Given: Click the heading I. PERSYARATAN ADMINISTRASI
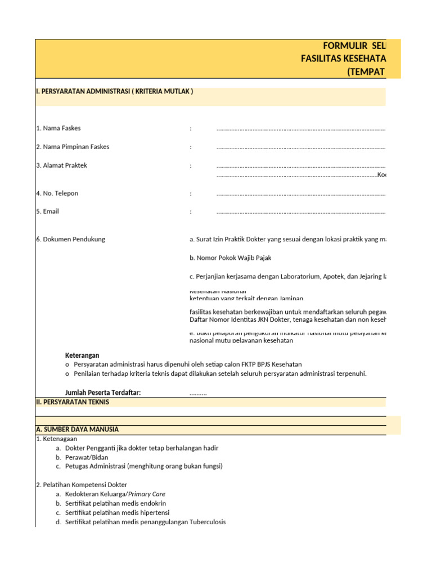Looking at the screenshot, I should coord(114,91).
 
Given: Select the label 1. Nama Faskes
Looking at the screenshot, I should coord(58,128).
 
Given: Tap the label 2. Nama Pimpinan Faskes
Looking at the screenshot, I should coord(73,147).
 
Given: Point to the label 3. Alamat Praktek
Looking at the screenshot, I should coord(61,165).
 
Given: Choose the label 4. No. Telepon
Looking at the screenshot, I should coord(57,193).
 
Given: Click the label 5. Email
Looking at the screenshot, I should coord(47,211).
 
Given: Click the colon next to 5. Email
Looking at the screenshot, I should coord(191,212).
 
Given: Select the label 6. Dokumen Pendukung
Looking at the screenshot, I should coord(70,239).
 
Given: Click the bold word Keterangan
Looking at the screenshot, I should coord(82,355).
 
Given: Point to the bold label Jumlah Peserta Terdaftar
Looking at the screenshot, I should coord(103,393).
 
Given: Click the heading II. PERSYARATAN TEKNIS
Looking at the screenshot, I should coord(72,402).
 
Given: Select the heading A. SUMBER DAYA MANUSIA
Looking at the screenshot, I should coord(77,429).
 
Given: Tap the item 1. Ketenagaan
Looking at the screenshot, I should coord(56,439).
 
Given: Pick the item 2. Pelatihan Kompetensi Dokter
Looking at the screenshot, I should coord(82,485).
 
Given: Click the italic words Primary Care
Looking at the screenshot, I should coord(147,494).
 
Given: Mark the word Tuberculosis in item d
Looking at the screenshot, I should coord(208,522).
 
